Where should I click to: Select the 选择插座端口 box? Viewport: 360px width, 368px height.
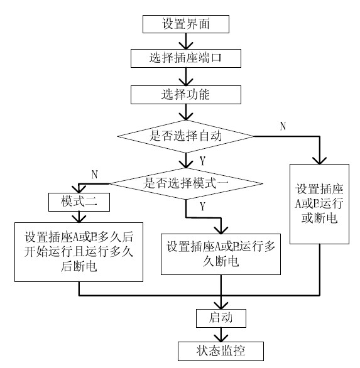click(186, 59)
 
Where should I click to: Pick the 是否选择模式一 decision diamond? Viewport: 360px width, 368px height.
click(186, 183)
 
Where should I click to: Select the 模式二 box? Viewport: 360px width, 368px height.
click(79, 202)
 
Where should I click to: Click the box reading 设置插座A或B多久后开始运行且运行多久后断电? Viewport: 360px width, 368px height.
click(79, 251)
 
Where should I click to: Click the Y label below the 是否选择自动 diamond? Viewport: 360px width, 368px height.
click(202, 161)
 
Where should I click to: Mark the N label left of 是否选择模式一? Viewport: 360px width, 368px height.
click(94, 173)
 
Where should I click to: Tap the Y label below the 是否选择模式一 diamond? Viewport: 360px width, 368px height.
click(202, 205)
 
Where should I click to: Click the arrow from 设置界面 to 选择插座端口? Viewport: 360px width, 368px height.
click(186, 41)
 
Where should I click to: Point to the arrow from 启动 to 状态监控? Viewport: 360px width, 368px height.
click(221, 333)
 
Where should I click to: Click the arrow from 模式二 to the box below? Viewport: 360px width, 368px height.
click(79, 216)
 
